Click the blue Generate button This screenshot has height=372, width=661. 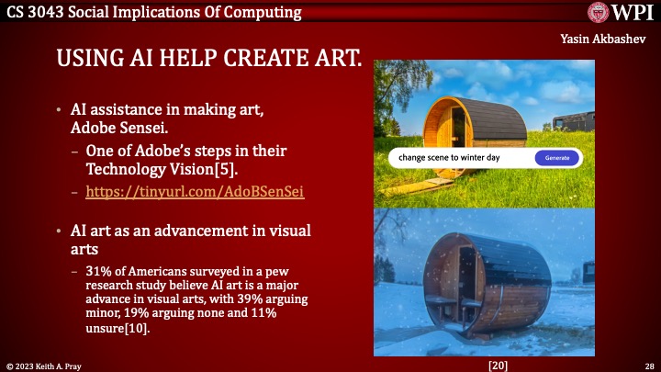557,158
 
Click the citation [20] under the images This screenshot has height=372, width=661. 499,365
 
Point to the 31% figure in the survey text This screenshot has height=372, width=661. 98,272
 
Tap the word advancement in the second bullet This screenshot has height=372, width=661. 183,230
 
